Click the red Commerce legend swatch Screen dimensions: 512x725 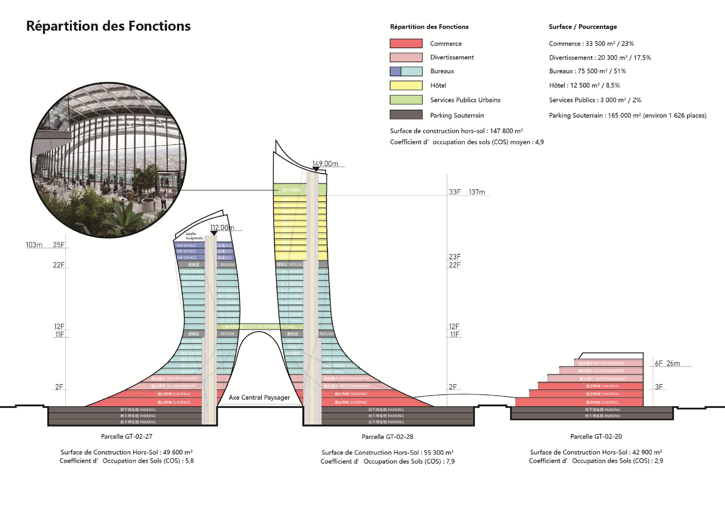[x=406, y=43]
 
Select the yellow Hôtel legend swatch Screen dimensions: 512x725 [x=406, y=85]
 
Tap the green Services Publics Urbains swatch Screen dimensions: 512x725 [x=406, y=100]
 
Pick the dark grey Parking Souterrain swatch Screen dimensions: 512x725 [x=406, y=114]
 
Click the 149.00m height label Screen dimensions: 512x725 [x=325, y=164]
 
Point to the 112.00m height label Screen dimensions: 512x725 [x=222, y=228]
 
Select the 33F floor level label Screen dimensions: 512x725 [x=455, y=192]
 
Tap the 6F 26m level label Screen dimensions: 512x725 [x=667, y=363]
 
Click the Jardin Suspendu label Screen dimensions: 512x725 [x=194, y=236]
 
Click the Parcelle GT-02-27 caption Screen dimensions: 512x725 [x=127, y=436]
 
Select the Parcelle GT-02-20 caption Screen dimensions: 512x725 [x=596, y=436]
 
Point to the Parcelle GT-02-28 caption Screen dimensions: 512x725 [x=387, y=437]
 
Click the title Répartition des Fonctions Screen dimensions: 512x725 [x=108, y=26]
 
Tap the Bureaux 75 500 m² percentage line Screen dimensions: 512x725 [x=587, y=71]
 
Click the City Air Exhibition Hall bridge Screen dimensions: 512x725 [x=260, y=326]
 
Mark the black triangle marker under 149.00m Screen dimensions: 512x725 [x=316, y=169]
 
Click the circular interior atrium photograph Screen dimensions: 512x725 [x=108, y=160]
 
